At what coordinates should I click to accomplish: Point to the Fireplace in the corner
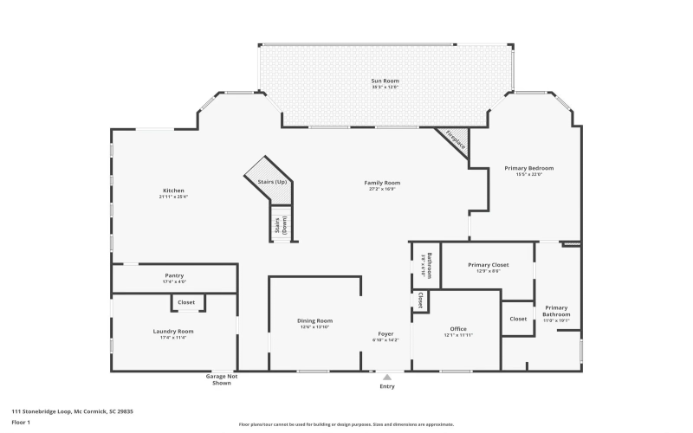click(x=455, y=140)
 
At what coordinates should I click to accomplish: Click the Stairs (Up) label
click(x=272, y=182)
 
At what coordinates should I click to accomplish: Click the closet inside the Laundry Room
click(x=186, y=302)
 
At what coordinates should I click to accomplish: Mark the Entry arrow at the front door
click(x=386, y=378)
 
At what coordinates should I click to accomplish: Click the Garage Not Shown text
click(x=221, y=379)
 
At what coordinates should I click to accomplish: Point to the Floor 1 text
click(x=21, y=422)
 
